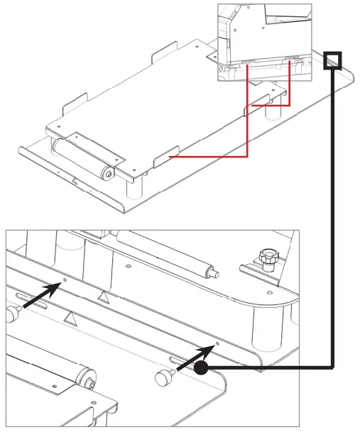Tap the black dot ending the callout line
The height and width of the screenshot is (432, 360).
201,368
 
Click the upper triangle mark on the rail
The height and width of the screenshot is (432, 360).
104,296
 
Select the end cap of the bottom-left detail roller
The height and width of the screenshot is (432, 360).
91,384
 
